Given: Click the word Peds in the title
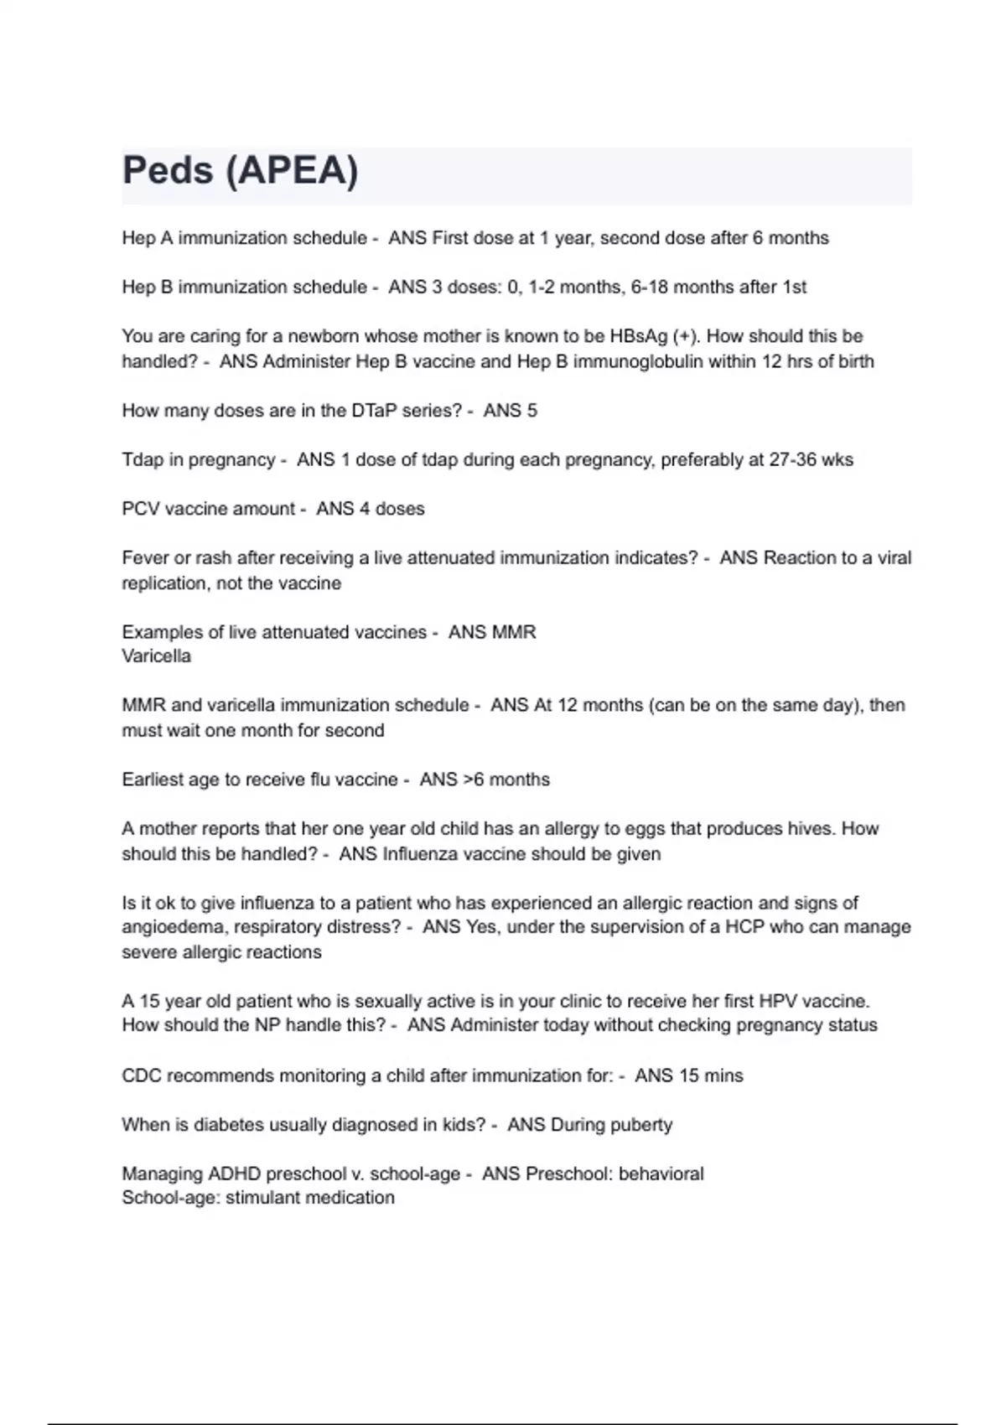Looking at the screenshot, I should [168, 171].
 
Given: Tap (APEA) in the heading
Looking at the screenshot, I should [292, 171].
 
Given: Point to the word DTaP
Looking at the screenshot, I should [379, 411].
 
